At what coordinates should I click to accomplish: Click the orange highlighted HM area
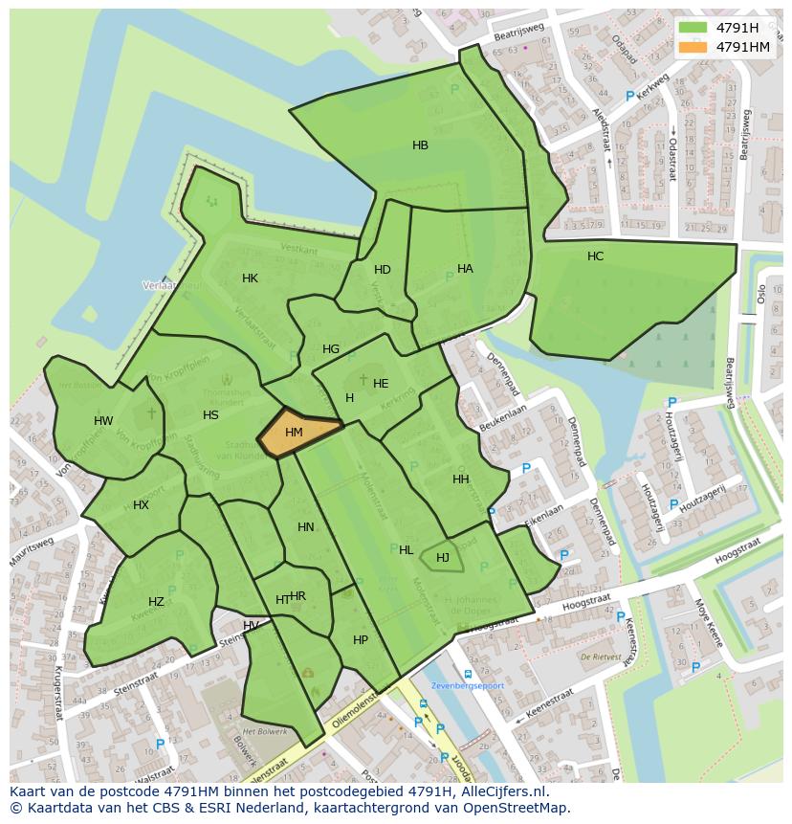(x=297, y=433)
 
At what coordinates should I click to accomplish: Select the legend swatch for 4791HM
(x=693, y=47)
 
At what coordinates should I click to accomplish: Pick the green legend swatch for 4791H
(x=693, y=28)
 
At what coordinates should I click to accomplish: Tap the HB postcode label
(x=420, y=145)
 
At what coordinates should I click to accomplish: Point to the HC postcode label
(x=595, y=256)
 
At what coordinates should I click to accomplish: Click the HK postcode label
(x=250, y=278)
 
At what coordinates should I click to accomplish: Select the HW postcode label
(x=103, y=421)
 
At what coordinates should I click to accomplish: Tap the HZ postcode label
(x=156, y=602)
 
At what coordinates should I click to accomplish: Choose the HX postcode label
(x=141, y=505)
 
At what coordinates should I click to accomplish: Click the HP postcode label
(x=360, y=640)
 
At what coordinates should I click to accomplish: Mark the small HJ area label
(x=443, y=558)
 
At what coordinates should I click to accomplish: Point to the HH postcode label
(x=461, y=479)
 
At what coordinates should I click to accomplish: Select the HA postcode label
(x=465, y=269)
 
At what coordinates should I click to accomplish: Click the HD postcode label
(x=383, y=270)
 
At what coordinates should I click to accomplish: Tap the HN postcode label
(x=306, y=527)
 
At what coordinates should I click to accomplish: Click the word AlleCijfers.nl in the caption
(x=499, y=791)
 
